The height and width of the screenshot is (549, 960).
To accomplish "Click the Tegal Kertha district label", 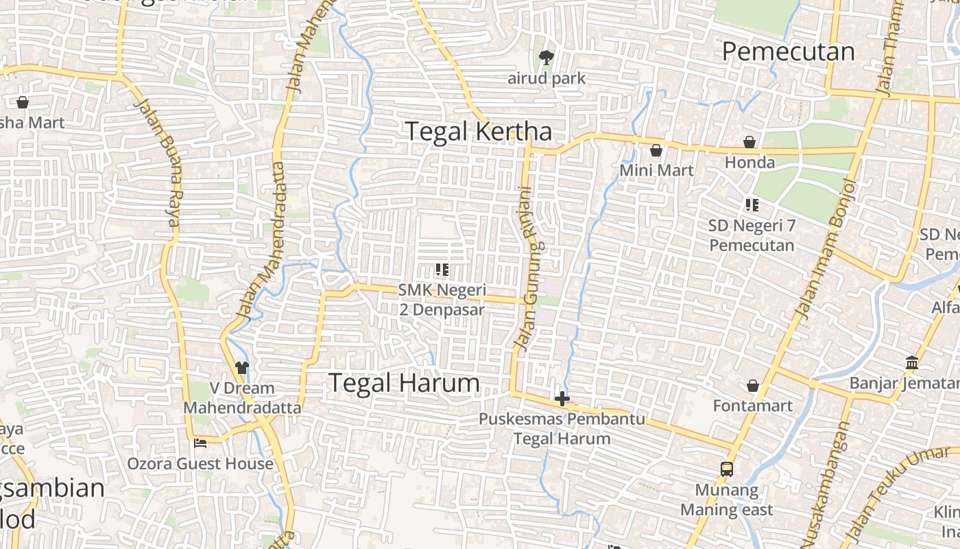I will [x=478, y=131].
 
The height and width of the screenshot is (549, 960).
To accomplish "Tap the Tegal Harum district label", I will [x=405, y=383].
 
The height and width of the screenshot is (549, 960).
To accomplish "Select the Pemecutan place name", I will [x=789, y=51].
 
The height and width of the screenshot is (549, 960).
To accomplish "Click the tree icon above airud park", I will [x=546, y=58].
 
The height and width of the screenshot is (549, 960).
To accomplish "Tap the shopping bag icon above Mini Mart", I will [x=656, y=150].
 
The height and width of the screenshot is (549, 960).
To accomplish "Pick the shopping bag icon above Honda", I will [x=749, y=142].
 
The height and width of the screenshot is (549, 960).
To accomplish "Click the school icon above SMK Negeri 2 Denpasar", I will [x=442, y=270].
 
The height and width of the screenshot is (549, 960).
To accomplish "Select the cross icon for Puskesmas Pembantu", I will [x=562, y=399].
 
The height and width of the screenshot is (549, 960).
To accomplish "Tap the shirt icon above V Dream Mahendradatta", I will [x=241, y=368].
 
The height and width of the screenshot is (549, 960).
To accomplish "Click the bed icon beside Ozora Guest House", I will [x=200, y=443].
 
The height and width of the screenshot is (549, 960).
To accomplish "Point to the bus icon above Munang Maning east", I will [x=727, y=469].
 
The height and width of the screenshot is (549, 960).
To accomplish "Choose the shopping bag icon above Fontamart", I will [x=753, y=386].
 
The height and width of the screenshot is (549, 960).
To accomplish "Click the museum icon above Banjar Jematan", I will [x=912, y=362].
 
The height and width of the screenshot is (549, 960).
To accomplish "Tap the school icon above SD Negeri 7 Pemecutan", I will [x=752, y=205].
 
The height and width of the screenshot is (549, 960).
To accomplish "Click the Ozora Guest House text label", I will [x=200, y=464].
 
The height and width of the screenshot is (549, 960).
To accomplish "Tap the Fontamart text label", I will [x=753, y=406].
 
